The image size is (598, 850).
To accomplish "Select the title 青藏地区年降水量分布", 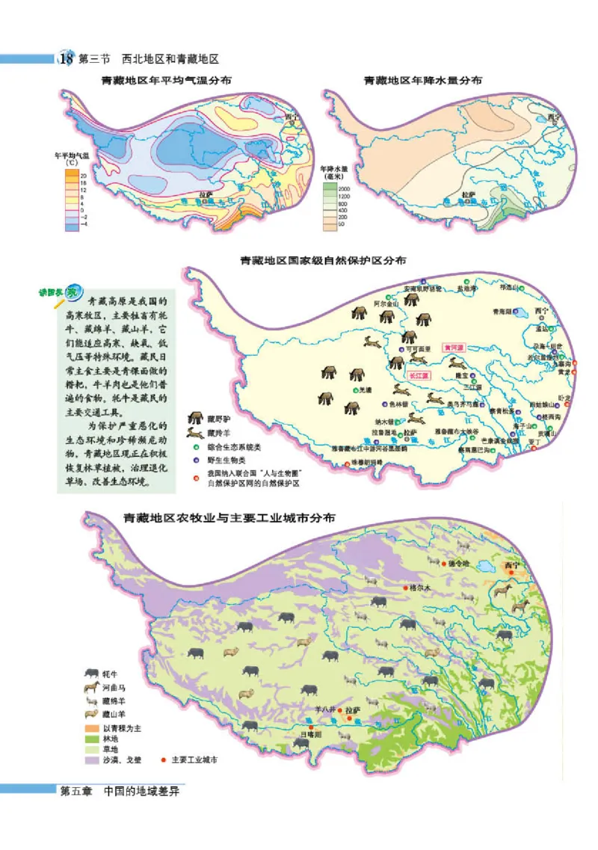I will click(x=422, y=79).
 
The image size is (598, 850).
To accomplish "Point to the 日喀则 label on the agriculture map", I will click(x=309, y=735).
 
